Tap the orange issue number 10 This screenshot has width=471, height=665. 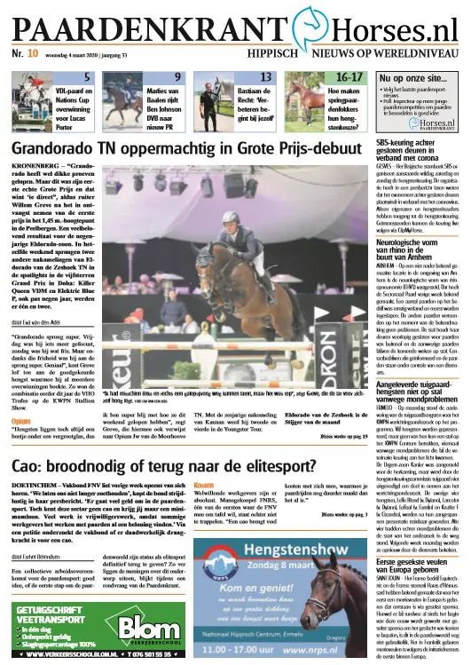coord(32,52)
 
